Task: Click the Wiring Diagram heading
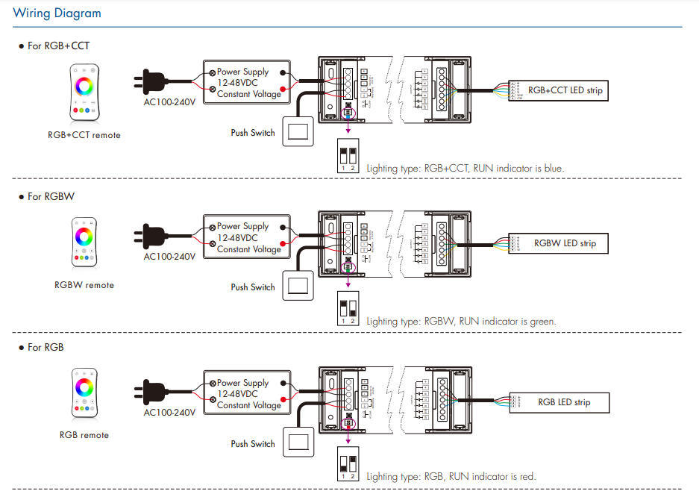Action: click(x=57, y=13)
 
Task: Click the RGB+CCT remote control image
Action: click(x=84, y=93)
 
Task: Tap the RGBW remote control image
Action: click(x=84, y=243)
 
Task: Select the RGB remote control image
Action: click(x=84, y=393)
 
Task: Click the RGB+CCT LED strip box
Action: click(x=559, y=91)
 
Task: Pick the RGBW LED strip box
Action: click(x=559, y=243)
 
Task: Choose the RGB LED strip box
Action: click(x=559, y=402)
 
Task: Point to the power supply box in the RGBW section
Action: click(x=247, y=237)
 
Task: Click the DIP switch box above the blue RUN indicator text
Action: click(x=348, y=157)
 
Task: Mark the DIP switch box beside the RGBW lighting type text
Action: click(x=348, y=312)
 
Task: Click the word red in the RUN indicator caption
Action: click(x=525, y=476)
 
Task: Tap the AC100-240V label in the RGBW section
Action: click(x=169, y=256)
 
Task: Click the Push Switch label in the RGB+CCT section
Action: click(x=253, y=133)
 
